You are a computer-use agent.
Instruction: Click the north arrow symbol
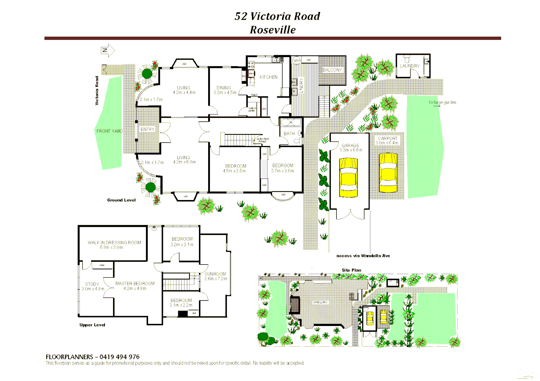coord(108,50)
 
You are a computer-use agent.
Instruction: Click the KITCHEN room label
coord(268,77)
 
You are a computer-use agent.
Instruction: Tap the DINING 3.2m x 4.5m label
coord(224,90)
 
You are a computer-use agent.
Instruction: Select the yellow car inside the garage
coord(348,177)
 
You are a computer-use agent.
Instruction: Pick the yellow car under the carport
coord(388,173)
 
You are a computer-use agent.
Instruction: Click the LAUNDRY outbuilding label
coord(410,66)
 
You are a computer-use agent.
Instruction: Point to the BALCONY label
coord(332,70)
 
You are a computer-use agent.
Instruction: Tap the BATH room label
coord(289,133)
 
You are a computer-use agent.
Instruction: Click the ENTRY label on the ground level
coord(147,129)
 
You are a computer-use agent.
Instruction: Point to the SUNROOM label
coord(215,274)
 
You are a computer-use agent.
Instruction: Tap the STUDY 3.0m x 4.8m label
coord(93,286)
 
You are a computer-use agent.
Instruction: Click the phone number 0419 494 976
coord(119,357)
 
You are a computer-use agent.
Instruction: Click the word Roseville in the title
coord(272,30)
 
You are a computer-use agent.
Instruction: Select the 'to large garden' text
coord(442,102)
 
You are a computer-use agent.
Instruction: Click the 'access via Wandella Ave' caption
coord(363,256)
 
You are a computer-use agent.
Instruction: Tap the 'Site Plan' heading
coord(351,270)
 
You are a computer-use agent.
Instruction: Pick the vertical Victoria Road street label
coord(97,91)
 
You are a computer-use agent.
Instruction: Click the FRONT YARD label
coord(109,131)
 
